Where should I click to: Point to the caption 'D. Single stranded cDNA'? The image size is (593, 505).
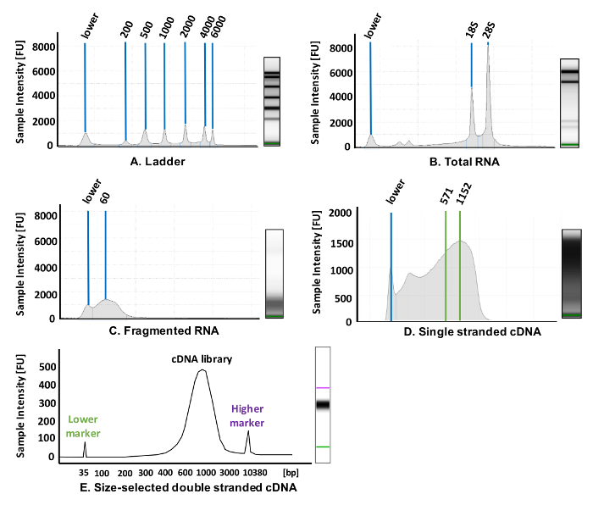click(472, 332)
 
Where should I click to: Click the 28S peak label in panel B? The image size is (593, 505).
click(490, 31)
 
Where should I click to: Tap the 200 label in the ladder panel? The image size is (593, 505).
click(127, 31)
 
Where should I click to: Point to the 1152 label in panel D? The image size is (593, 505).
click(463, 196)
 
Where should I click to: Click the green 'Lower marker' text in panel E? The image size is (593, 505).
click(84, 426)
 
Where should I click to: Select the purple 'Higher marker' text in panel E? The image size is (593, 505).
click(248, 416)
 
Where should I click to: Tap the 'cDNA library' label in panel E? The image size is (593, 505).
click(200, 359)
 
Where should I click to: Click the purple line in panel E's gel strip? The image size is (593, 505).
click(323, 388)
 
